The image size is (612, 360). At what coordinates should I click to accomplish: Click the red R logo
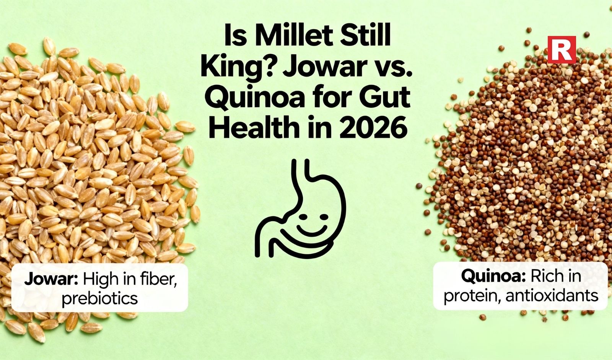tap(562, 50)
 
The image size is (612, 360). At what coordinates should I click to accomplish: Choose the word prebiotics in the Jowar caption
tap(99, 298)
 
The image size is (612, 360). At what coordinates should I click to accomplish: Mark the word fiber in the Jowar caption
tap(157, 279)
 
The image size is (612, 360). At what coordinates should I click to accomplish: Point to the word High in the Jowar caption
tap(100, 279)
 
